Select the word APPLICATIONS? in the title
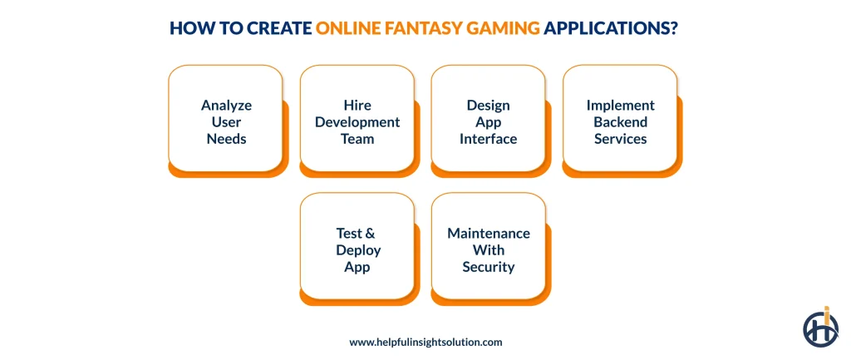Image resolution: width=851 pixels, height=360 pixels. click(612, 28)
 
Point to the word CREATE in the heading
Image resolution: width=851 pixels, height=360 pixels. click(280, 28)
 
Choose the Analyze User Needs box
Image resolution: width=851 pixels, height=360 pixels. click(226, 121)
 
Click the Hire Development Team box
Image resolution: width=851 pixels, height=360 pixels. click(357, 121)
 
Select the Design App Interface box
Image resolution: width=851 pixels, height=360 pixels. click(488, 121)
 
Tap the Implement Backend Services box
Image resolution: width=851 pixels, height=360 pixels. click(620, 121)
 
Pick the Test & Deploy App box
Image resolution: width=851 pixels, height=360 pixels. click(357, 249)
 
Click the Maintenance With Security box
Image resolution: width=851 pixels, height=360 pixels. click(488, 249)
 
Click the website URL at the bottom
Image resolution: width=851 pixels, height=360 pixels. click(425, 342)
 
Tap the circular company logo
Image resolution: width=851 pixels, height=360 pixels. click(820, 327)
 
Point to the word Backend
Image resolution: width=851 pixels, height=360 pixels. click(620, 122)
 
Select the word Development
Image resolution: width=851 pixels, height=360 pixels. click(357, 122)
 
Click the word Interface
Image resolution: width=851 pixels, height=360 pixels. click(488, 139)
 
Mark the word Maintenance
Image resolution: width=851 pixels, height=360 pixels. click(489, 233)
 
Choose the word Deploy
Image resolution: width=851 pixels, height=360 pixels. click(357, 249)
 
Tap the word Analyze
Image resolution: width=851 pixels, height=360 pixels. click(226, 106)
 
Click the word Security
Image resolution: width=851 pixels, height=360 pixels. click(489, 267)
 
